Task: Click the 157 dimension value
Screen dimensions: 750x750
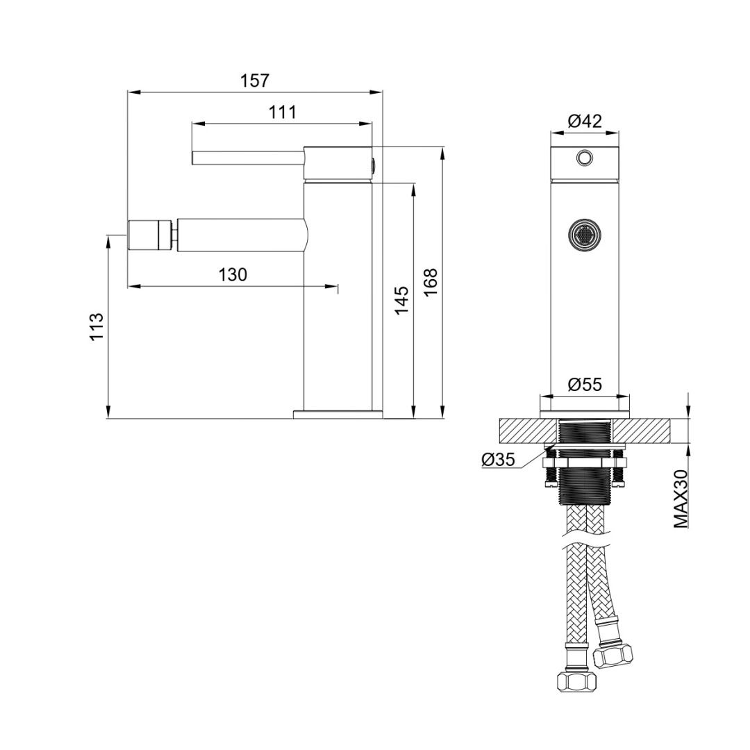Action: pyautogui.click(x=255, y=81)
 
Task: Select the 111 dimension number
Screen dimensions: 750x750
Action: pyautogui.click(x=283, y=112)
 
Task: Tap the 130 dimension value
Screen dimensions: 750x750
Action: pyautogui.click(x=233, y=275)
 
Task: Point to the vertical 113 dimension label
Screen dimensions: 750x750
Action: pyautogui.click(x=97, y=326)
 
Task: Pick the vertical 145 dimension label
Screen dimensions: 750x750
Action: pyautogui.click(x=401, y=300)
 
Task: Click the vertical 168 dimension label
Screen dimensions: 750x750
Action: pyautogui.click(x=431, y=283)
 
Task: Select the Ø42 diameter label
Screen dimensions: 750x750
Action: pyautogui.click(x=584, y=121)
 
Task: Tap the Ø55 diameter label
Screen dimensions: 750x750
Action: pyautogui.click(x=584, y=385)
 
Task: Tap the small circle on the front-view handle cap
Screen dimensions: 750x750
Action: pyautogui.click(x=585, y=158)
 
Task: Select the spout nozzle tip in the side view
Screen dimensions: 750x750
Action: pyautogui.click(x=150, y=233)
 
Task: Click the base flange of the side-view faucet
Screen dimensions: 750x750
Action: pyautogui.click(x=338, y=415)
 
